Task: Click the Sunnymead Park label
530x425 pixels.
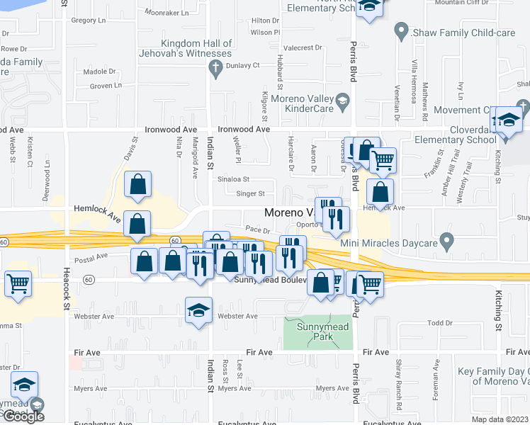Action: pyautogui.click(x=318, y=329)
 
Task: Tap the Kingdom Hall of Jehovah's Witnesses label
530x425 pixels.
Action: pyautogui.click(x=197, y=48)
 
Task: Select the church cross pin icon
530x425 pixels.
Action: pyautogui.click(x=213, y=68)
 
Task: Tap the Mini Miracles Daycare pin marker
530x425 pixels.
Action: pyautogui.click(x=446, y=242)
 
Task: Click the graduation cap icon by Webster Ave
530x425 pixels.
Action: pyautogui.click(x=198, y=309)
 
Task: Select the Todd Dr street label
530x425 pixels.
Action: pyautogui.click(x=439, y=323)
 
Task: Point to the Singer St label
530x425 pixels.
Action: pyautogui.click(x=250, y=193)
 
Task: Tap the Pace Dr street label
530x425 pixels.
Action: pyautogui.click(x=259, y=230)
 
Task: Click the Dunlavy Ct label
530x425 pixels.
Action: pyautogui.click(x=243, y=64)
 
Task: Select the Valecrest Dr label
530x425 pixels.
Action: pyautogui.click(x=303, y=48)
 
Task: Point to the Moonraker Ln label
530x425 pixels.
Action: pyautogui.click(x=167, y=13)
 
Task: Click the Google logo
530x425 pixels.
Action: pyautogui.click(x=23, y=416)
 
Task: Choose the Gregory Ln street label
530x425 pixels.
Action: pyautogui.click(x=88, y=21)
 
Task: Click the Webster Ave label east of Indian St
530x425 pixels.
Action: pyautogui.click(x=237, y=316)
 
